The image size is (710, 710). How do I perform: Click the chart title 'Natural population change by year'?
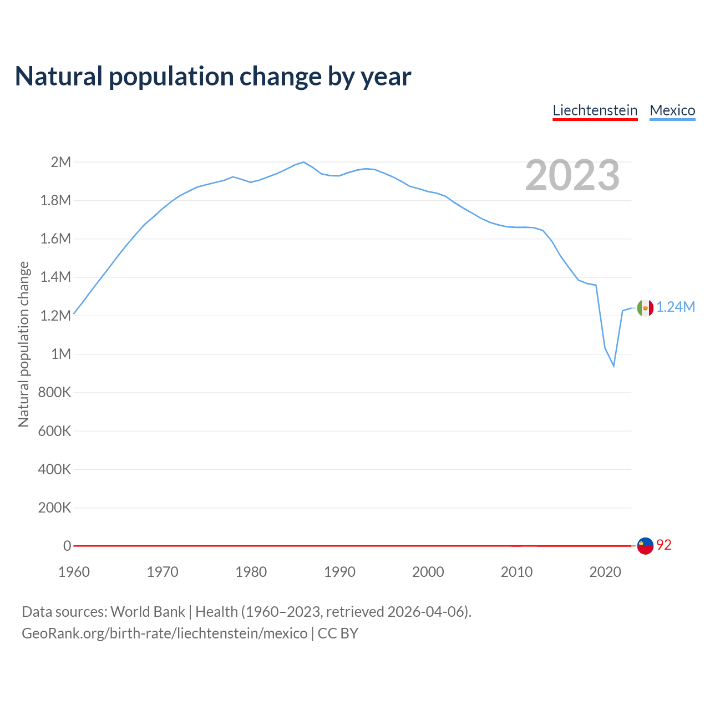[213, 77]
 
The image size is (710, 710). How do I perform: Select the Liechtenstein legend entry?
[595, 110]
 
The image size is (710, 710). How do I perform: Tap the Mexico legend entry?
[672, 110]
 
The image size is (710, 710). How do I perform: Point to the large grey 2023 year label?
[572, 175]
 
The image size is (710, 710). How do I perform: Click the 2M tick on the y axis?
[61, 162]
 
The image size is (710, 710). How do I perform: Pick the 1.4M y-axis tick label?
[55, 277]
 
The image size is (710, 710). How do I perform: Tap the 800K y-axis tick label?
[55, 392]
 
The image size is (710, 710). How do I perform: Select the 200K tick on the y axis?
[55, 508]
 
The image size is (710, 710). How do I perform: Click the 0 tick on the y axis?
[67, 546]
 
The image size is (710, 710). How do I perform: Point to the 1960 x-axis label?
[74, 572]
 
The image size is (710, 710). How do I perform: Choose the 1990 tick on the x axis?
[339, 572]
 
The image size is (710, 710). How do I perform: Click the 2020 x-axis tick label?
[605, 572]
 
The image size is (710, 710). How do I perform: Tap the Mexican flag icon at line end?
[645, 307]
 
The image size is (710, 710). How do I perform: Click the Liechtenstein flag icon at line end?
[645, 546]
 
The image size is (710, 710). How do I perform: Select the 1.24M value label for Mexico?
[676, 307]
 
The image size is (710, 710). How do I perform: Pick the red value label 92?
[664, 545]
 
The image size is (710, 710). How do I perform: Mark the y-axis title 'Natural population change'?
[23, 344]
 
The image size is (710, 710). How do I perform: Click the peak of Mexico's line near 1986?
[303, 162]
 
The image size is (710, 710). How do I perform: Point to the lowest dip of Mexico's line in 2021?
[613, 366]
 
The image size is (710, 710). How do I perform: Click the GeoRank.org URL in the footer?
[164, 633]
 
